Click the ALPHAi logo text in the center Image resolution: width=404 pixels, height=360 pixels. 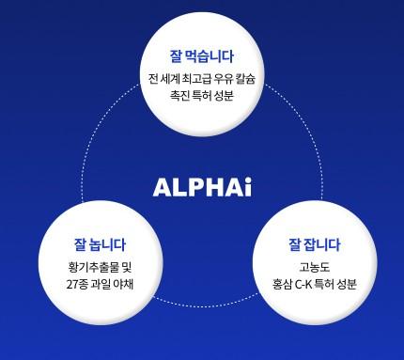202,185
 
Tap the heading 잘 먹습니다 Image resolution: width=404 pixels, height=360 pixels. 202,55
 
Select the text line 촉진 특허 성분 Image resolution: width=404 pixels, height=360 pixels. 202,96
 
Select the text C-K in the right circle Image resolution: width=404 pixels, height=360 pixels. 306,283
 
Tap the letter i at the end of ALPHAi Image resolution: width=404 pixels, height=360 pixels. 247,185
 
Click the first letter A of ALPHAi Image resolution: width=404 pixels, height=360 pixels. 162,185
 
